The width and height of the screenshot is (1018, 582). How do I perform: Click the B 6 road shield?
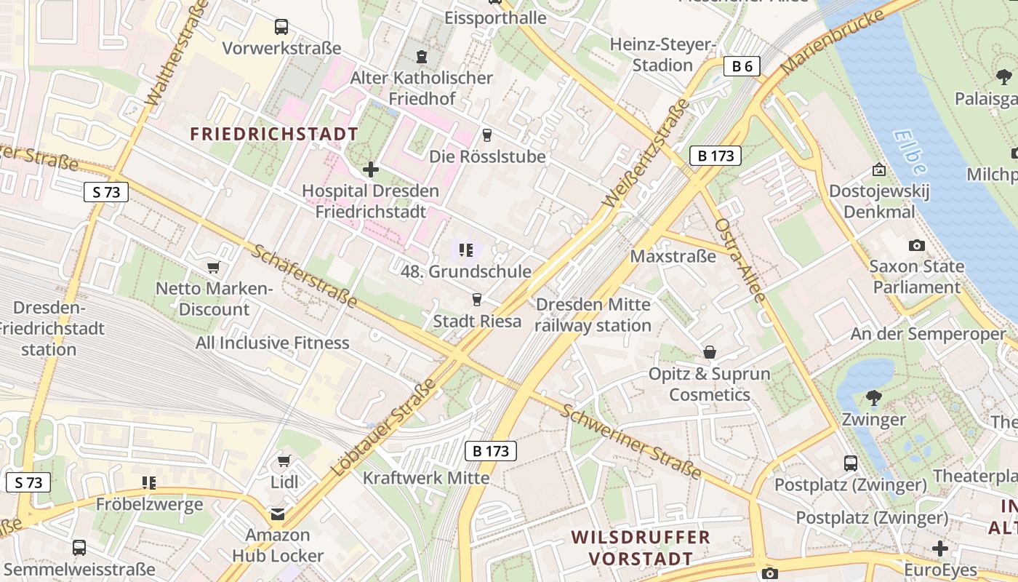(x=742, y=67)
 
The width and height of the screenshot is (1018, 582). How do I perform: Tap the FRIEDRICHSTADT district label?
(x=274, y=134)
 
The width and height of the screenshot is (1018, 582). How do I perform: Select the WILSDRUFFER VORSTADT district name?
(x=640, y=548)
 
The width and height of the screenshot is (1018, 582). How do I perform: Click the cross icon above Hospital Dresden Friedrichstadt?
(x=371, y=170)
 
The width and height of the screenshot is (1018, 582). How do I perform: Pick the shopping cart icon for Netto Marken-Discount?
(x=213, y=268)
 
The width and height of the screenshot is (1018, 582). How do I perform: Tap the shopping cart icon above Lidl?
(x=284, y=461)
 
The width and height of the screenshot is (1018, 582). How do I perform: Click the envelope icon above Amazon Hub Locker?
(x=278, y=514)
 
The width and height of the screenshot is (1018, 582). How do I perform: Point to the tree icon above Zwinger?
(x=873, y=398)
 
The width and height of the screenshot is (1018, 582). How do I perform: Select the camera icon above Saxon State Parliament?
(x=917, y=245)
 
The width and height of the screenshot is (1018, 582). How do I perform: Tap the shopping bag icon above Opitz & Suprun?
(x=710, y=353)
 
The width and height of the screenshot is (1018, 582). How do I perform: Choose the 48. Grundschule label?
(x=466, y=272)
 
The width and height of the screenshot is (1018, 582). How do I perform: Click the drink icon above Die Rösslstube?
(x=487, y=135)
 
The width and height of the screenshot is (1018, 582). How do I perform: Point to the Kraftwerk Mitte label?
(x=426, y=478)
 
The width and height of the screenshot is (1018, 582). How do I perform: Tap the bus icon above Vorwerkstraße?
(x=281, y=28)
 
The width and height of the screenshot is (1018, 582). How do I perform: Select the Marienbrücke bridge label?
(x=837, y=40)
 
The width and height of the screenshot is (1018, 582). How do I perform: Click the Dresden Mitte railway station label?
(x=593, y=314)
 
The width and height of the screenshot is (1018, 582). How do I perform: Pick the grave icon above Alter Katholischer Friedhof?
(x=421, y=56)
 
